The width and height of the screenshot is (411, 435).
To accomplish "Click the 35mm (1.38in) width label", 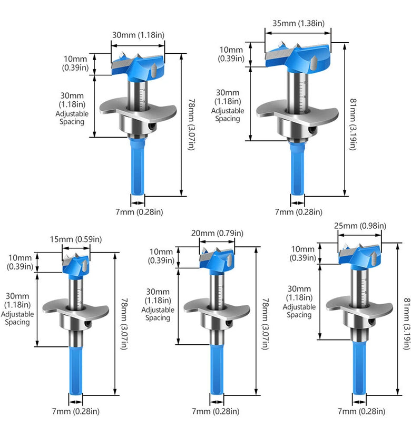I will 298,23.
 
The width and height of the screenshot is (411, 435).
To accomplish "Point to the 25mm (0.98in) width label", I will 360,226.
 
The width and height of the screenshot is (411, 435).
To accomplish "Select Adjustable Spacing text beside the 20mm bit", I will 158,314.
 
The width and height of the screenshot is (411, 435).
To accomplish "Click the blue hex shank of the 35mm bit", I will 297,168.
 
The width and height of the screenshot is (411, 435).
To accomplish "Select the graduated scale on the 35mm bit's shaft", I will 304,95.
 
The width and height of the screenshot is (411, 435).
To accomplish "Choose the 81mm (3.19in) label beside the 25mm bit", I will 406,323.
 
